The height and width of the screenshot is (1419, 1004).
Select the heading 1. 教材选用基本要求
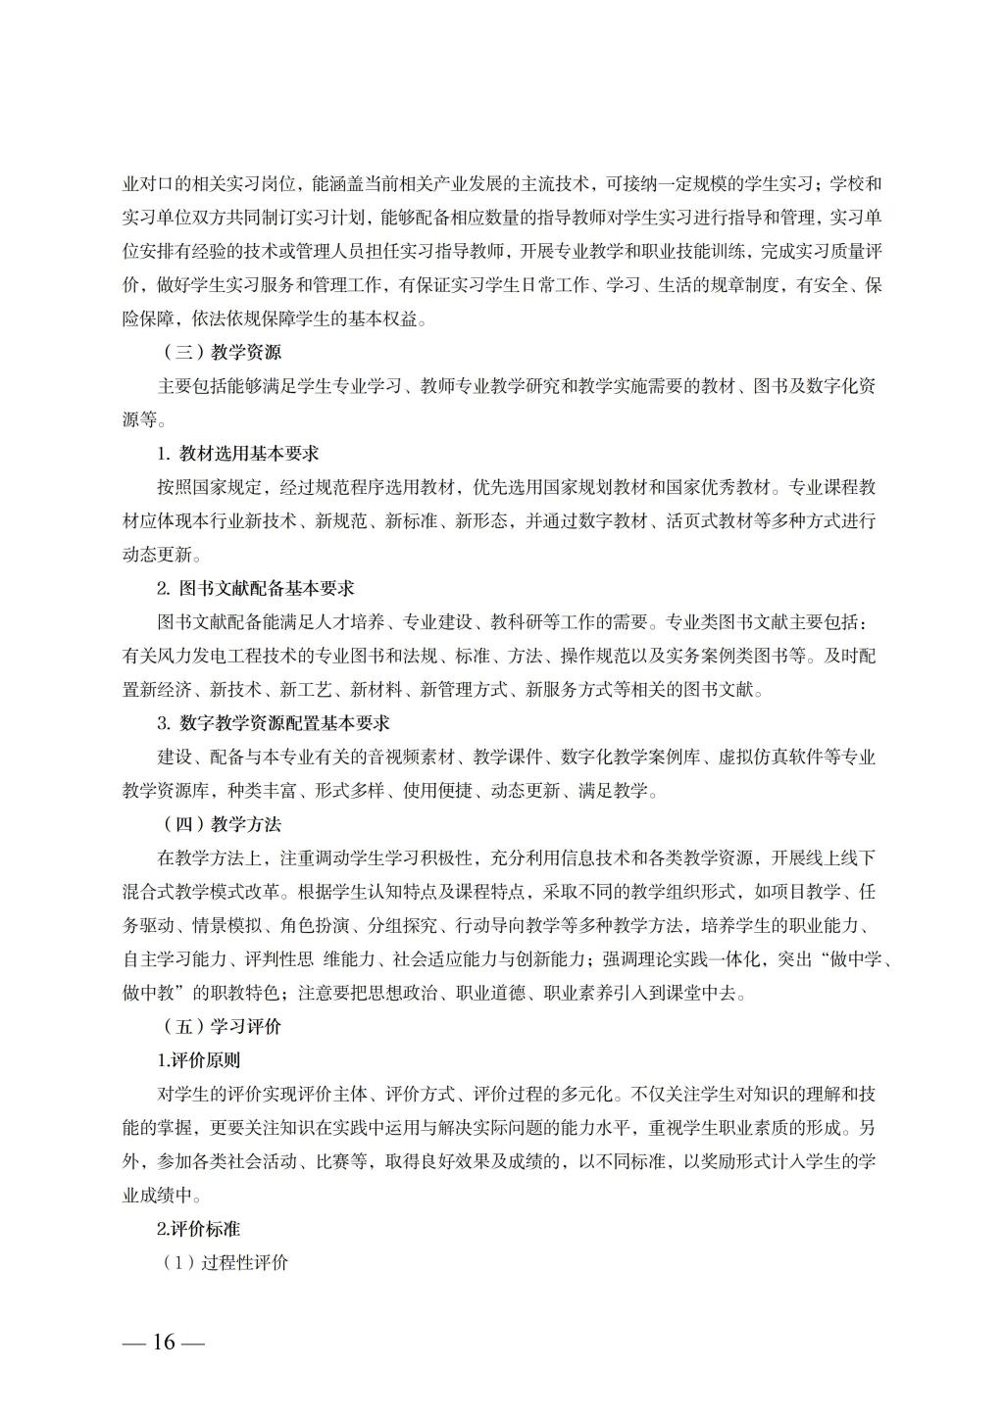(x=238, y=454)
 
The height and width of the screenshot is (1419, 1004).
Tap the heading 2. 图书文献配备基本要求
(x=256, y=588)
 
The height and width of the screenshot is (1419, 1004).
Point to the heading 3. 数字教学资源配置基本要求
(x=274, y=723)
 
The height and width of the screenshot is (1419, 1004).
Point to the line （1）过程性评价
(x=225, y=1262)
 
